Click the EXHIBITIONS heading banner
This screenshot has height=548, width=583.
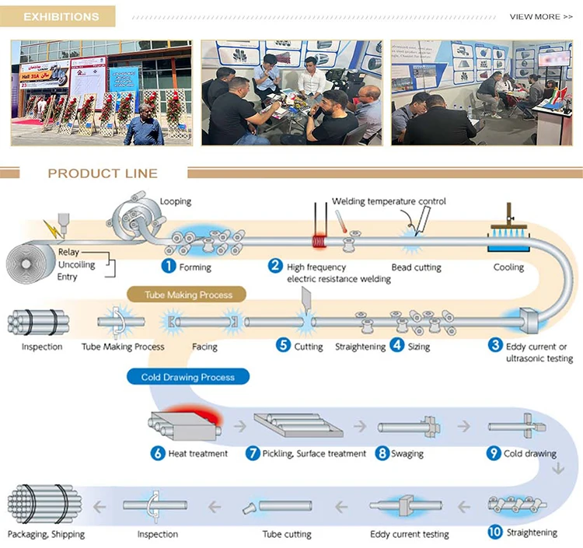click(x=61, y=16)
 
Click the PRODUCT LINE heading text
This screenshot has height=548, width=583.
click(x=103, y=173)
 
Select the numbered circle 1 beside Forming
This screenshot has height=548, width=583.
click(x=166, y=267)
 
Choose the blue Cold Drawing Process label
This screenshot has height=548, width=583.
click(x=187, y=377)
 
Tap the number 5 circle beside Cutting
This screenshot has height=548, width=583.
click(x=284, y=345)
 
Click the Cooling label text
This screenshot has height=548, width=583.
click(x=508, y=267)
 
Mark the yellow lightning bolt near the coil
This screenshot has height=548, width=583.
click(x=51, y=229)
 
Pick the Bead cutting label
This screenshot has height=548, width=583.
click(x=417, y=267)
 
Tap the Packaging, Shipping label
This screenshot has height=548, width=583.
click(x=46, y=534)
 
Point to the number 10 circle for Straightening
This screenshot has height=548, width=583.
click(x=495, y=532)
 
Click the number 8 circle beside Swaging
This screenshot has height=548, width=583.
click(x=381, y=452)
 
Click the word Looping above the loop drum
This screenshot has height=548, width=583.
click(x=175, y=201)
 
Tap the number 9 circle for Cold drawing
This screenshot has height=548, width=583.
click(x=494, y=452)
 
